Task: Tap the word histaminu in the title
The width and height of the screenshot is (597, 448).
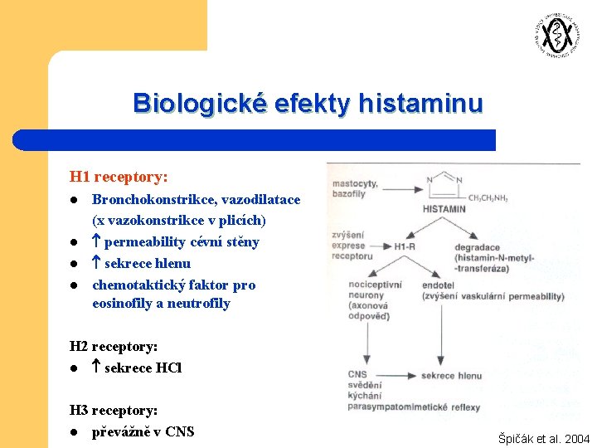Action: tap(420, 104)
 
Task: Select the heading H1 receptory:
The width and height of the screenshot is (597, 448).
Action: tap(119, 177)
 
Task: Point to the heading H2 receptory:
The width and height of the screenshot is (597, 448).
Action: tap(114, 347)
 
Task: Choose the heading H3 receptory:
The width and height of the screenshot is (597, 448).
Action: tap(114, 410)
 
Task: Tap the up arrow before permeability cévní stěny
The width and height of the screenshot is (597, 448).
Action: tap(96, 242)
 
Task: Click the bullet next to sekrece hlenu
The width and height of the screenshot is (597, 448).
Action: tap(74, 264)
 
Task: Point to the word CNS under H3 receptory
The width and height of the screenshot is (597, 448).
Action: tap(179, 431)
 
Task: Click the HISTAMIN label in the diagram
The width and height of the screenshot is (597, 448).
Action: tap(444, 209)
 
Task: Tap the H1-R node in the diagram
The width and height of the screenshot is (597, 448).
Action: tap(405, 246)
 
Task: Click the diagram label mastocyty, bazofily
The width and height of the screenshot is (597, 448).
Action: tap(354, 188)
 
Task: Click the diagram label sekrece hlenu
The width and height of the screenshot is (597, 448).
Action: tap(451, 376)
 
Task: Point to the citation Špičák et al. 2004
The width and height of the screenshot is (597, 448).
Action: tap(544, 439)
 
